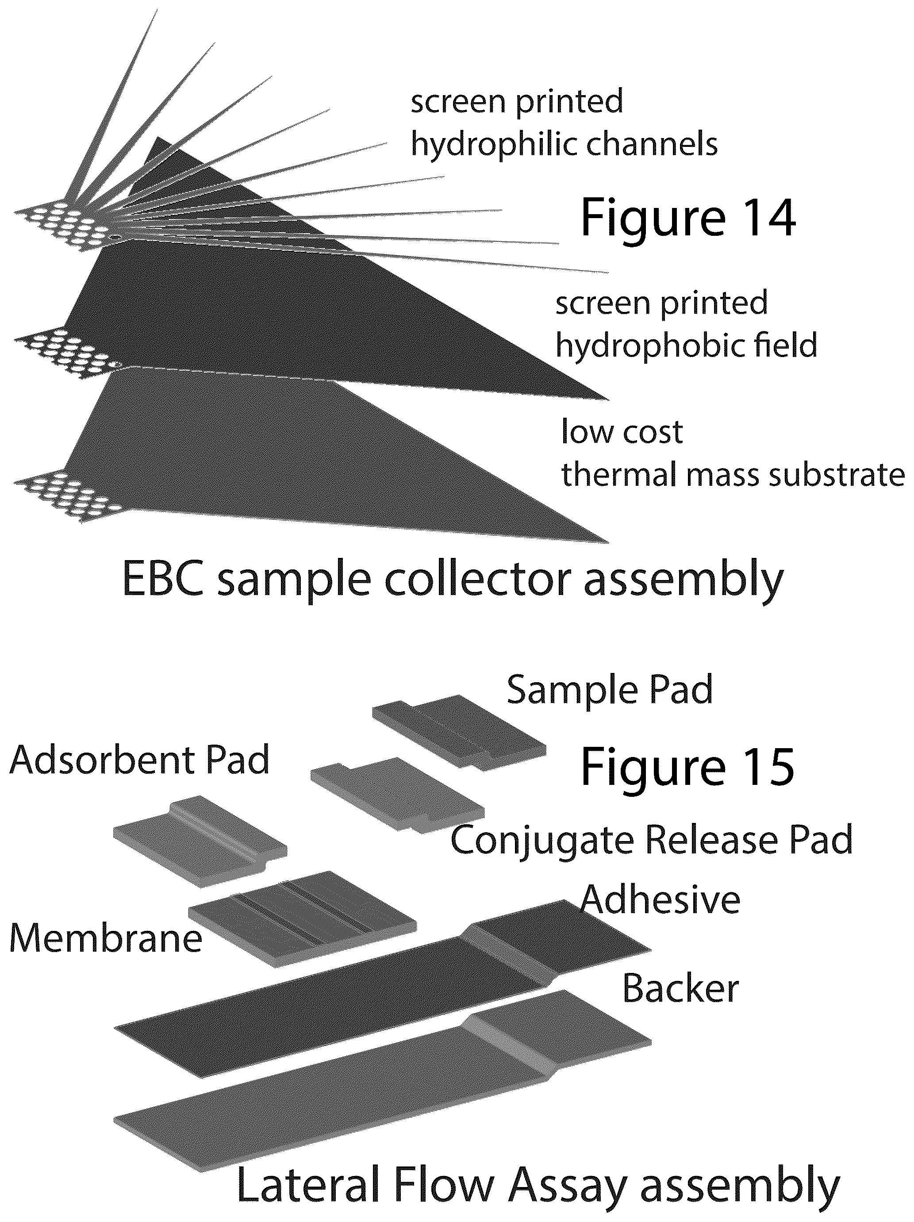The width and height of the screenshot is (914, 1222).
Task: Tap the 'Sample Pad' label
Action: (610, 690)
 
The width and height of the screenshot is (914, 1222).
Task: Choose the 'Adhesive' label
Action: (661, 900)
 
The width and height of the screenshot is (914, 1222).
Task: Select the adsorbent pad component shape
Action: (200, 841)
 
